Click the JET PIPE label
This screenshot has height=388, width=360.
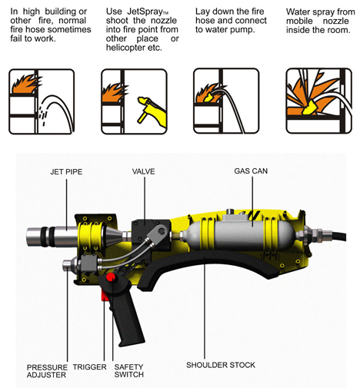click(x=66, y=171)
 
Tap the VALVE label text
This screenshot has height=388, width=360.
click(x=143, y=171)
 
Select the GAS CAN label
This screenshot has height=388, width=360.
click(x=251, y=171)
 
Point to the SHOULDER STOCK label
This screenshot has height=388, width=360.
click(x=221, y=365)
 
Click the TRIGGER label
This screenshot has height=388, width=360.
click(x=89, y=366)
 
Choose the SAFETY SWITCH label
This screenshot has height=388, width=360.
click(x=128, y=370)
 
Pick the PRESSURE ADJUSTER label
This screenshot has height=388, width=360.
click(x=47, y=371)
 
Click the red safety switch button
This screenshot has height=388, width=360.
click(x=111, y=277)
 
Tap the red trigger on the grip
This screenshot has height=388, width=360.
click(x=105, y=296)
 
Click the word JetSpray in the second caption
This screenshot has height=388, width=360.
click(x=145, y=12)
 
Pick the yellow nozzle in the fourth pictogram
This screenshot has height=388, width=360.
click(x=309, y=108)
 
